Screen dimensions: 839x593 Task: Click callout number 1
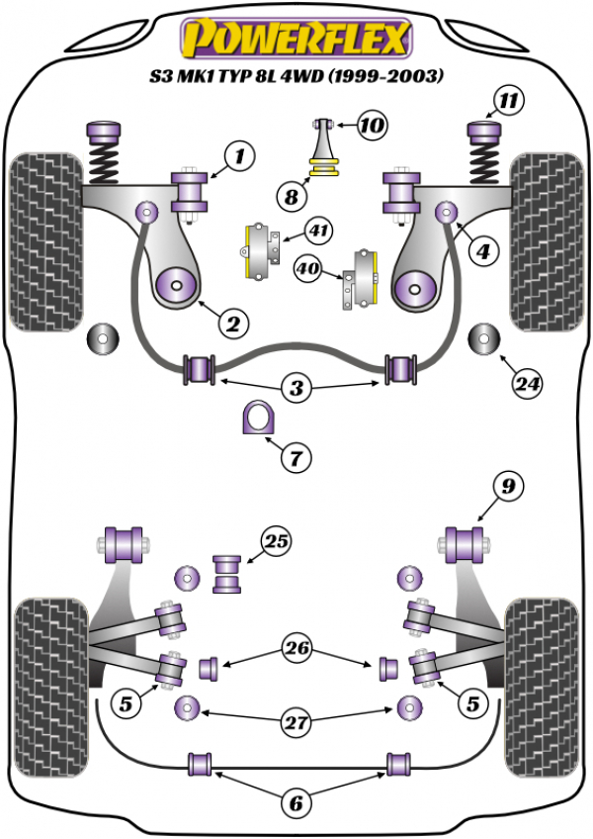tap(238, 154)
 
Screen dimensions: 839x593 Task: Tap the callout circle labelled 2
tap(235, 323)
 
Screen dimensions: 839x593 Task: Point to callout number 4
tap(482, 252)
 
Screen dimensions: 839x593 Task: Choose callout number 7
tap(296, 457)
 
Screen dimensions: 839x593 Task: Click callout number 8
tap(292, 198)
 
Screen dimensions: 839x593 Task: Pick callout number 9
tap(505, 485)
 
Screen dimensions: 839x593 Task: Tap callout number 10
tap(373, 126)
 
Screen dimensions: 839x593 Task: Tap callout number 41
tap(318, 232)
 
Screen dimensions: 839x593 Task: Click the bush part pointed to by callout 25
tap(228, 575)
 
